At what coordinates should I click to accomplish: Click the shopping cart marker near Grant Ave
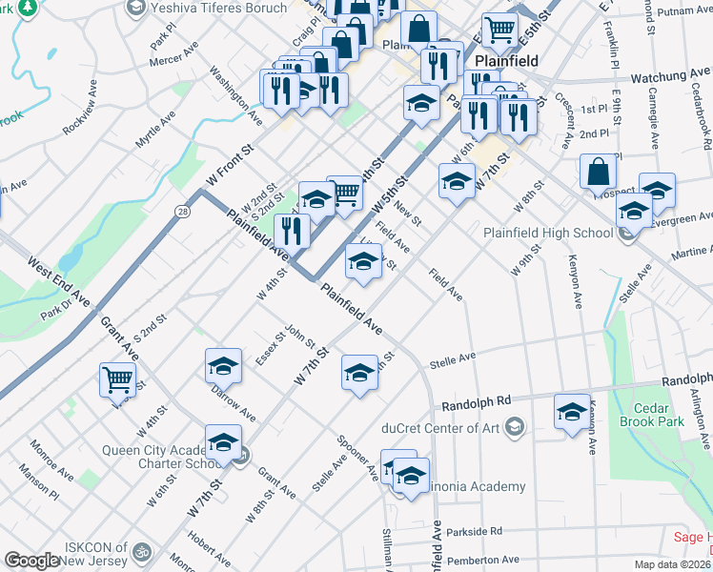click(117, 378)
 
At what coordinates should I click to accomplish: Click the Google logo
click(31, 561)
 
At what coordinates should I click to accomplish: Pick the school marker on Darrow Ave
click(223, 365)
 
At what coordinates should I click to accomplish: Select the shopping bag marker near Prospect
click(598, 172)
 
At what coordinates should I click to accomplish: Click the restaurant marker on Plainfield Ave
click(293, 230)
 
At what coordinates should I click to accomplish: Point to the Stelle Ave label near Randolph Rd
click(452, 359)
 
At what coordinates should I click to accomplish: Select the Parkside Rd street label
click(471, 531)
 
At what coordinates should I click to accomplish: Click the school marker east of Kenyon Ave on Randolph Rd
click(572, 412)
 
